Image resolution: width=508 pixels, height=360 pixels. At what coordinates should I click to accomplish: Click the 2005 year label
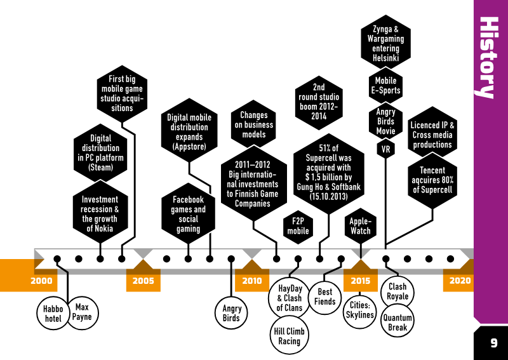point(144,281)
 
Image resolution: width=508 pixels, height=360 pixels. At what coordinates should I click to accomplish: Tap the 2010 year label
point(252,281)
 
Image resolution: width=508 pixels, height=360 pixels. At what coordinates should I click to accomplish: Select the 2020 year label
point(460,281)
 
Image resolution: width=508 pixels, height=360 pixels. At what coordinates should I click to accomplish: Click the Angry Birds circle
point(231,313)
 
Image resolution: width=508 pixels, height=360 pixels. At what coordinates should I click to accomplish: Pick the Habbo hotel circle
point(53,314)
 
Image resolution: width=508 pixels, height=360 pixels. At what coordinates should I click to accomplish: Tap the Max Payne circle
point(83,312)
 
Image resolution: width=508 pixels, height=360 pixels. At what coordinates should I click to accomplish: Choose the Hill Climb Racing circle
point(289,336)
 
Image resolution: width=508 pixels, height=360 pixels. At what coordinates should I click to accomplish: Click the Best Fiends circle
point(324,297)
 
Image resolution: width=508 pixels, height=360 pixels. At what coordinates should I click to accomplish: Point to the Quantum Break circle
point(398,322)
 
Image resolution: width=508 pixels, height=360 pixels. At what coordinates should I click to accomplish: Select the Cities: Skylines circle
point(359,310)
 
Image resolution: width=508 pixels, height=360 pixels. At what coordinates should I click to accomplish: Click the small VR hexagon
point(385,149)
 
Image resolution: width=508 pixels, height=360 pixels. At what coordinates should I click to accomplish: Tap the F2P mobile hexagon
point(298,227)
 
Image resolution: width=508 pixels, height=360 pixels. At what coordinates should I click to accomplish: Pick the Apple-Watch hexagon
point(361,226)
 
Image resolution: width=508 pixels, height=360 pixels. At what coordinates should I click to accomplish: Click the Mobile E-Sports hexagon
point(385,86)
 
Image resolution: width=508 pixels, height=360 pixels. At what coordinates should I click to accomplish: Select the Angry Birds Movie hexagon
point(385,121)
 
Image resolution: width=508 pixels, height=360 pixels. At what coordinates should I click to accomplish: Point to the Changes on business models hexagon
point(253,124)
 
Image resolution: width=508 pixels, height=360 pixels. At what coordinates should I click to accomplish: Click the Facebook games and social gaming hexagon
point(188,213)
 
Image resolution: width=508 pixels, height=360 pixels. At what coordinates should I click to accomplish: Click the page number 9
point(493,343)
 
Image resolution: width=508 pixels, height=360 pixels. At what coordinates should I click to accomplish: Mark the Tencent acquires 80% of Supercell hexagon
point(432,180)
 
